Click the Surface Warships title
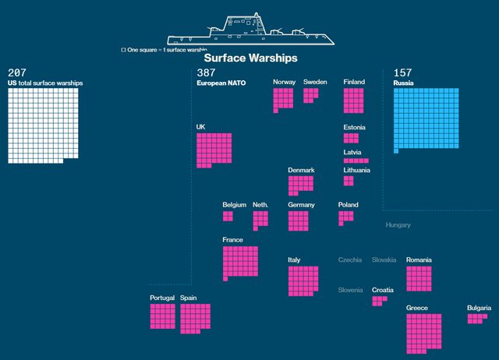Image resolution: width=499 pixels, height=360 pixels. (250, 58)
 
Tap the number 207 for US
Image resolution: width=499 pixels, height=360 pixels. (17, 72)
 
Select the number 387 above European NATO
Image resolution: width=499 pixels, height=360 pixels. (206, 72)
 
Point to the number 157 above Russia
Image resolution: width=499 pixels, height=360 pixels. (403, 72)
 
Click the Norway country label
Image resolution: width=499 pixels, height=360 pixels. (284, 82)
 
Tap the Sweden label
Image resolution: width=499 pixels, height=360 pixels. (315, 82)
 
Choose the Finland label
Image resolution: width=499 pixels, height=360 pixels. (354, 82)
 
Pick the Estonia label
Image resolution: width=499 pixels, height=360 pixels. (354, 127)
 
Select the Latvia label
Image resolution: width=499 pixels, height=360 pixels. (352, 152)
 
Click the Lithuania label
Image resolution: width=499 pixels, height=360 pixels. (357, 170)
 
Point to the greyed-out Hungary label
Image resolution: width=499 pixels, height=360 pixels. (398, 225)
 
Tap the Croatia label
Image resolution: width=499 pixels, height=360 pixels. (382, 290)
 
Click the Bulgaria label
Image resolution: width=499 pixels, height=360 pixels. (479, 308)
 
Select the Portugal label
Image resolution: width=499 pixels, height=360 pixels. (162, 298)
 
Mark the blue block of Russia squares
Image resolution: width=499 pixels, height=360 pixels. (426, 118)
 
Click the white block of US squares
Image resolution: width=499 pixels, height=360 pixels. (43, 124)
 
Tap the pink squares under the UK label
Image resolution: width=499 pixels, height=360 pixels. (213, 149)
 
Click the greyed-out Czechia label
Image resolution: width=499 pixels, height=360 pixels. (349, 259)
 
